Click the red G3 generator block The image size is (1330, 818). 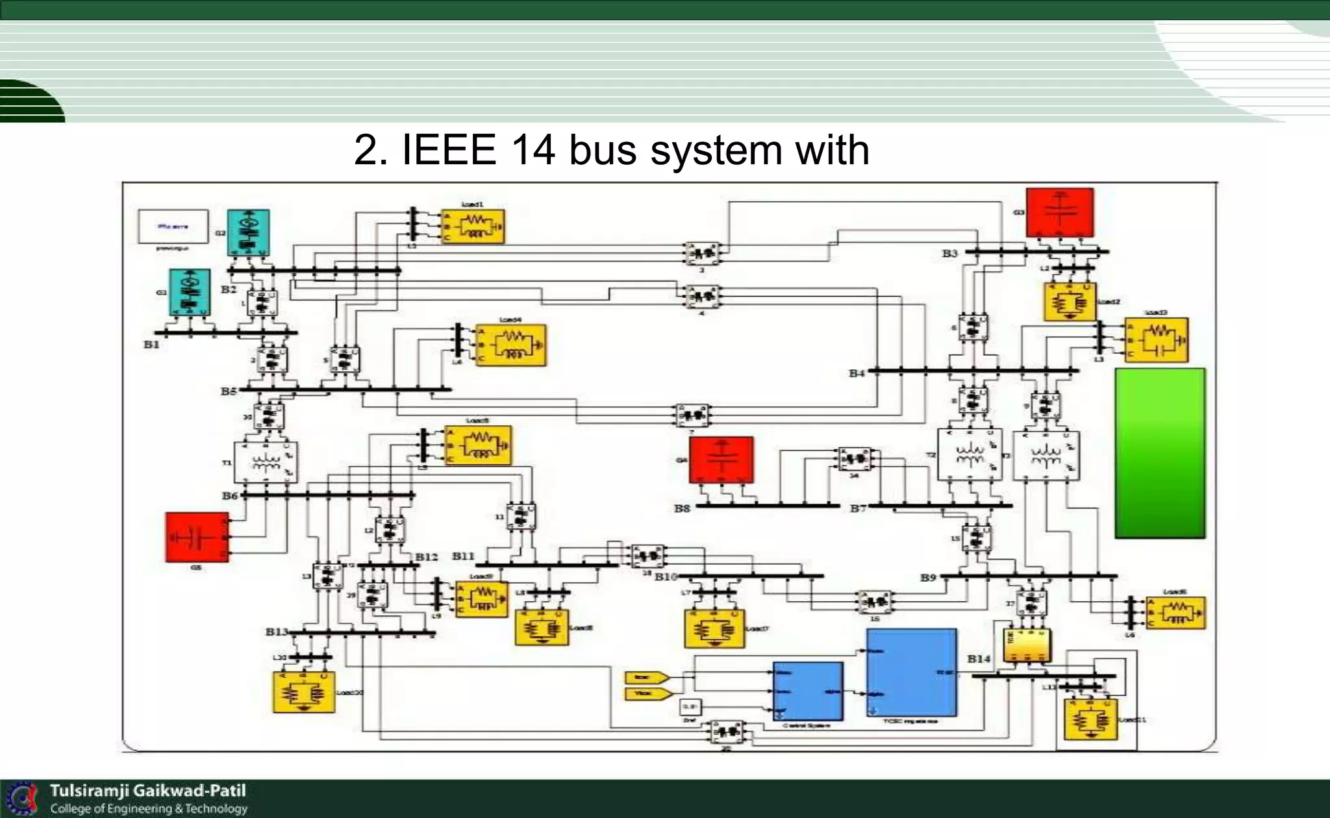tap(1059, 213)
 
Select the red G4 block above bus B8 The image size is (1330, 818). tap(721, 460)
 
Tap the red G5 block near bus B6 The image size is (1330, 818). tap(197, 537)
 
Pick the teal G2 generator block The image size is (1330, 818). tap(248, 232)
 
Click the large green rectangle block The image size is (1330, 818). tap(1160, 453)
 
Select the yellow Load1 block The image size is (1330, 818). tap(473, 227)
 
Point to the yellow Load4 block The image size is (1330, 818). tap(510, 345)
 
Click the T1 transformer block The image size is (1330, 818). tap(266, 462)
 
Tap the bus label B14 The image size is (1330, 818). tap(979, 658)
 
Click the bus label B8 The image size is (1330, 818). tap(681, 508)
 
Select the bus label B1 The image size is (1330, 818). tap(151, 345)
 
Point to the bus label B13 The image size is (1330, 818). tap(277, 632)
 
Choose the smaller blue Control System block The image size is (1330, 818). tap(808, 691)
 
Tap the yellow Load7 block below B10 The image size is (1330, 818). tap(714, 628)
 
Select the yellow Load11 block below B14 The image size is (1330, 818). tap(1091, 719)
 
